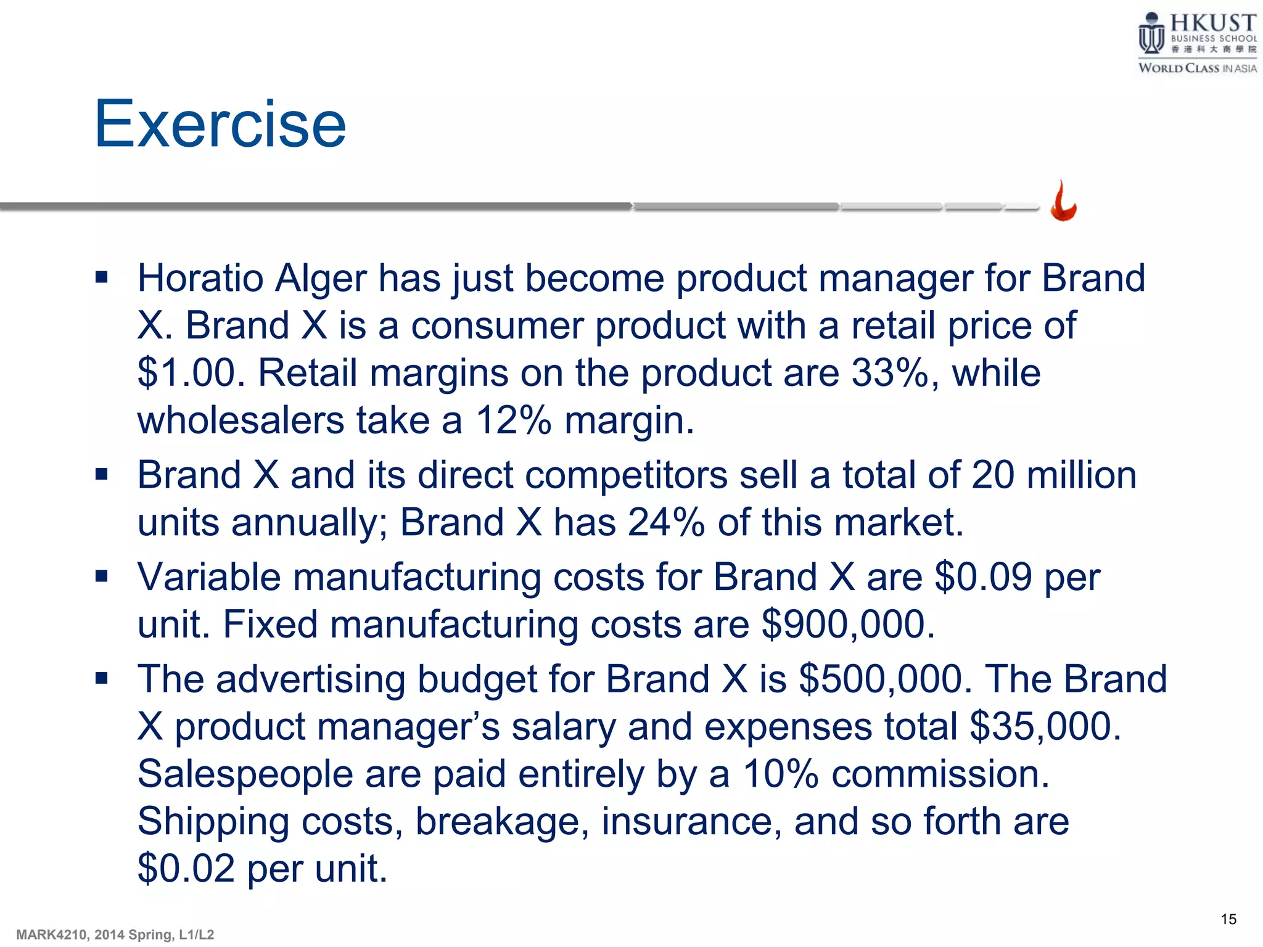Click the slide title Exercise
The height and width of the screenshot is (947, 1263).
point(220,125)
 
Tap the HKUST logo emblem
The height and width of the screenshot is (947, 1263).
point(1151,34)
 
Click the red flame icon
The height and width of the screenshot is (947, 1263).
point(1064,202)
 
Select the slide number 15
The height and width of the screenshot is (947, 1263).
point(1228,919)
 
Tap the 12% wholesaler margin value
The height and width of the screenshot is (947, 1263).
point(513,421)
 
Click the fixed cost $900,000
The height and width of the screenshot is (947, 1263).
point(848,625)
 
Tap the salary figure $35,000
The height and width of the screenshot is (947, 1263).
point(1045,727)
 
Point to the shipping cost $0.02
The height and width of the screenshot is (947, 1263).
point(186,869)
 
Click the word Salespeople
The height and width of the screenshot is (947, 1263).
point(245,774)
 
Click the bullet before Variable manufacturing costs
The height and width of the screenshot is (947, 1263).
point(102,576)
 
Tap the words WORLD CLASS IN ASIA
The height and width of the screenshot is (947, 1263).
point(1197,68)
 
